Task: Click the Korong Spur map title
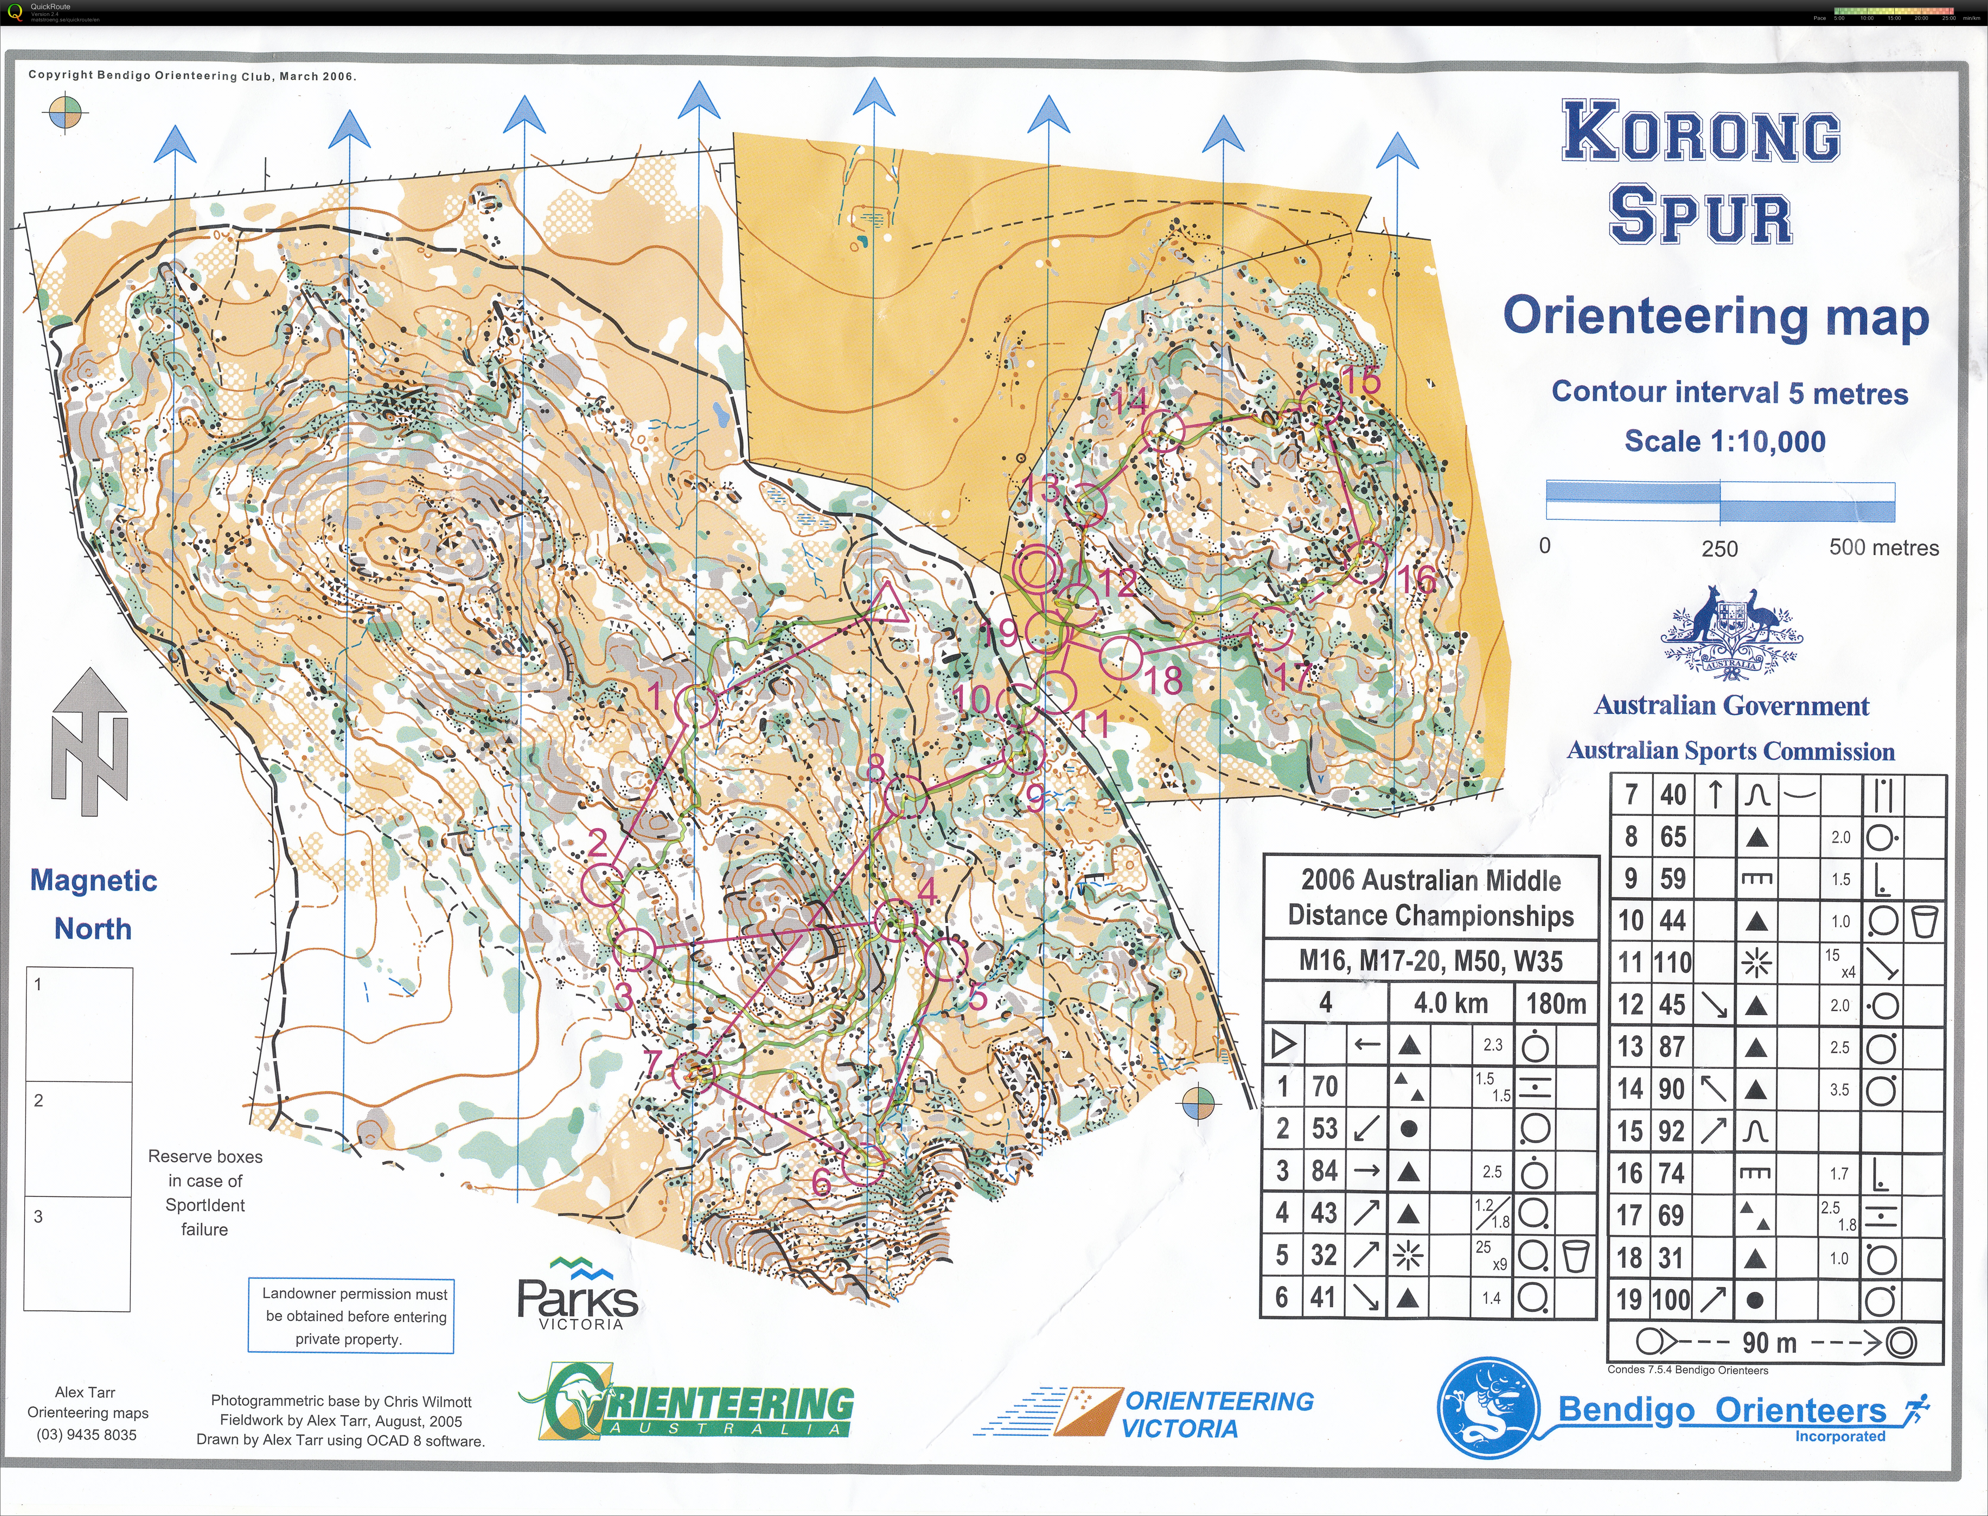pos(1700,172)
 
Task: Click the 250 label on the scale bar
pos(1719,549)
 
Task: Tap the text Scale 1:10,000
pos(1725,441)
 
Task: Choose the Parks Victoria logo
pos(577,1295)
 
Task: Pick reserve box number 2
pos(79,1139)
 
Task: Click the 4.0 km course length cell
pos(1450,1002)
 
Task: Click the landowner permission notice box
pos(351,1316)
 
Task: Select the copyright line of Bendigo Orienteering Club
pos(192,76)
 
